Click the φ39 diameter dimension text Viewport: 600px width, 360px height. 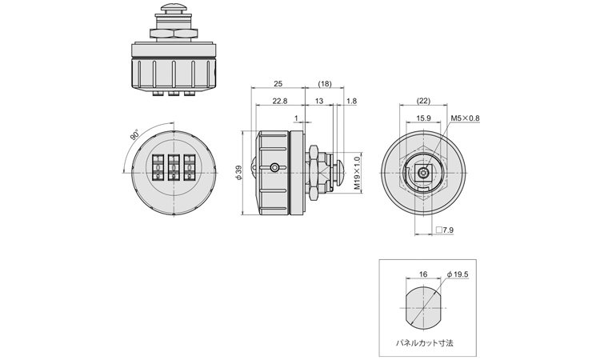pos(239,174)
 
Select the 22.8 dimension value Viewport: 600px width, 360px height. pos(280,101)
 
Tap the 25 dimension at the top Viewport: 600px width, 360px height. pos(278,84)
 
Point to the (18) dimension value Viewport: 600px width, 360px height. pos(325,84)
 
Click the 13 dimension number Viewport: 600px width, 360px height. pos(319,101)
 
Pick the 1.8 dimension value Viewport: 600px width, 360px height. pos(353,101)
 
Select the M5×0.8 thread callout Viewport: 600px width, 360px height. pos(465,118)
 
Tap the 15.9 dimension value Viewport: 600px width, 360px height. pos(424,118)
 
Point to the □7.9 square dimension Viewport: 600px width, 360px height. pos(445,230)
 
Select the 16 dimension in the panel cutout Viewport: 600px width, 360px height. pos(422,274)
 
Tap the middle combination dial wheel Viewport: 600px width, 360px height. pos(172,169)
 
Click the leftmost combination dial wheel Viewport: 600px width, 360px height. pos(155,169)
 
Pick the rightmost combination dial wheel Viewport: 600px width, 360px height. pos(189,169)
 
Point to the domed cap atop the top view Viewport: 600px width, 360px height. pos(173,9)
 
